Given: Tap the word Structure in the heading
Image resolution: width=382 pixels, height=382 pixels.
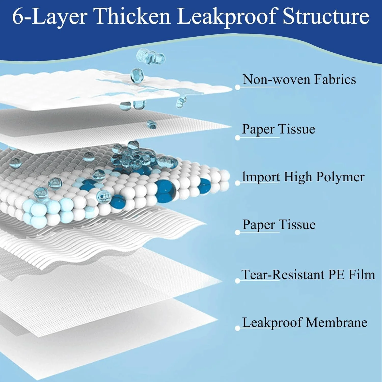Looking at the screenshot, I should pyautogui.click(x=326, y=17).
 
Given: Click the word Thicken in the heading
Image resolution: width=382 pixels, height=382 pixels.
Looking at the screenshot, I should pyautogui.click(x=132, y=17).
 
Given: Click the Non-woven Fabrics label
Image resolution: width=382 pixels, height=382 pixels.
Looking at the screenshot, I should pyautogui.click(x=299, y=79).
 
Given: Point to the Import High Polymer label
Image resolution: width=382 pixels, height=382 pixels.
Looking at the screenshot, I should pyautogui.click(x=303, y=177).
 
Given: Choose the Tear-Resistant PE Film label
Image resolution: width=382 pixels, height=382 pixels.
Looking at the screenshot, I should pyautogui.click(x=308, y=275).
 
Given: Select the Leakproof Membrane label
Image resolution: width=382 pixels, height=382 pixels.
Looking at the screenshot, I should pyautogui.click(x=305, y=322).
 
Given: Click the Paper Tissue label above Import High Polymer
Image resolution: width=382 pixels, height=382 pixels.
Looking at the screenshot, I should pyautogui.click(x=278, y=129).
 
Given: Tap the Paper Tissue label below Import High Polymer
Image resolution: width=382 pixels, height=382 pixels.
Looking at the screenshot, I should pyautogui.click(x=279, y=225).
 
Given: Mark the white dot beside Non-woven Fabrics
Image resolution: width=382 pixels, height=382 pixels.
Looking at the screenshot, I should pyautogui.click(x=238, y=87).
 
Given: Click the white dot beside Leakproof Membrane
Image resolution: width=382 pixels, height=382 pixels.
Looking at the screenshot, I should pyautogui.click(x=238, y=328).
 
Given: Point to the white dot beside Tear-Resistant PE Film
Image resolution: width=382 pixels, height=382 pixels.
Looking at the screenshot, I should pyautogui.click(x=238, y=281).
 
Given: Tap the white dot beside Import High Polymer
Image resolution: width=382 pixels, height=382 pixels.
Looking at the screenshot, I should pyautogui.click(x=238, y=183).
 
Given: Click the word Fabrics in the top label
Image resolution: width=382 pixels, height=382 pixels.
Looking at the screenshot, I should pyautogui.click(x=335, y=79).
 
